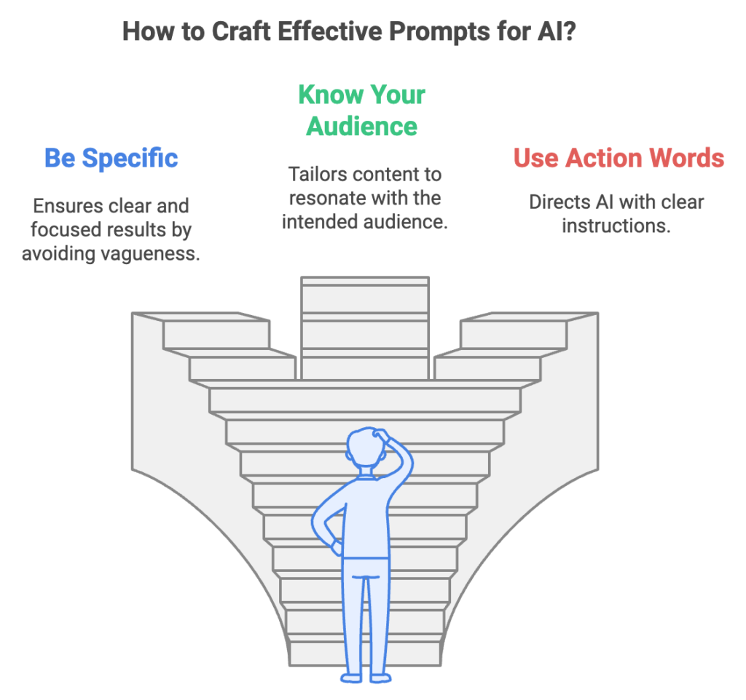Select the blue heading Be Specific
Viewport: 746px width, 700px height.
coord(111,158)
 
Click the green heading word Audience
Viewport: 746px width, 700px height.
coord(361,126)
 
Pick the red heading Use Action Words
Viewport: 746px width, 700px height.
coord(619,158)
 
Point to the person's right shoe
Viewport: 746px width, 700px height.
coord(380,677)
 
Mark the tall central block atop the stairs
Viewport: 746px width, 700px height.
coord(365,327)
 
